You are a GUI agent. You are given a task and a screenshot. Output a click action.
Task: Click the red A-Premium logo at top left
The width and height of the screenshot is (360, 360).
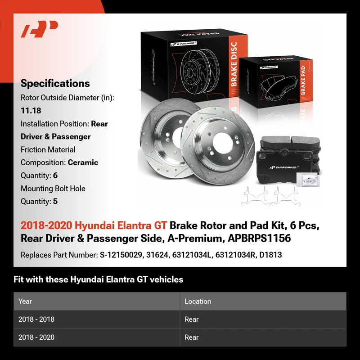39,29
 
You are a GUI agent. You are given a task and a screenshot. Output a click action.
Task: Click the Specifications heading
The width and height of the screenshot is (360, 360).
55,83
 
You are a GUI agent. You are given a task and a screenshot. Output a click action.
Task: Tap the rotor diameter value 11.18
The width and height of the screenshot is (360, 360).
31,111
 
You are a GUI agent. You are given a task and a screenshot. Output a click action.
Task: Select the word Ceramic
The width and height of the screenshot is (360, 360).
83,162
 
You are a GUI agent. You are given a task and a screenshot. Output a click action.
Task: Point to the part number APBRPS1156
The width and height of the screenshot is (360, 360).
259,238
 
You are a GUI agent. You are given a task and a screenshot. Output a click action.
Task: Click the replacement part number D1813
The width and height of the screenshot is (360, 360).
270,255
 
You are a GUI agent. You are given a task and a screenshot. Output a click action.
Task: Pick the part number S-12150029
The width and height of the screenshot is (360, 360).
121,255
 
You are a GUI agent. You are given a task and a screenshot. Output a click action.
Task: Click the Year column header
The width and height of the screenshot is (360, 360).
25,301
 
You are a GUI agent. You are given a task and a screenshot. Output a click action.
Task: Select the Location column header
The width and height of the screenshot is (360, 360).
198,301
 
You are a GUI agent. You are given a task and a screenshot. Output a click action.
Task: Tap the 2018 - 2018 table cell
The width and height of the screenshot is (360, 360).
36,319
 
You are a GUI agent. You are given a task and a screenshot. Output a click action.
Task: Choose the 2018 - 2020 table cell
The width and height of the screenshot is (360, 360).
36,337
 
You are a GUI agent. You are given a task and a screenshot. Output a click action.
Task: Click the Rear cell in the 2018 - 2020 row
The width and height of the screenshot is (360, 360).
192,337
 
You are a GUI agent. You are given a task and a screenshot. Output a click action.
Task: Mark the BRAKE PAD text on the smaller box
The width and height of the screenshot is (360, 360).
303,81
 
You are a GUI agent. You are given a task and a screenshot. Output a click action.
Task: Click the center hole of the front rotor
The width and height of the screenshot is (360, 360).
221,142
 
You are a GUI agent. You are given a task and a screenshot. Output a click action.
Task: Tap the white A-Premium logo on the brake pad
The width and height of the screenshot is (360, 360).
284,167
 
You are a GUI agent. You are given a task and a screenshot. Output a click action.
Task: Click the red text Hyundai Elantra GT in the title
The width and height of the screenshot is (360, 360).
121,225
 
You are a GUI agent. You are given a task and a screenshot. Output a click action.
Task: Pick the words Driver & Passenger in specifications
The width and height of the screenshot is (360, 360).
55,137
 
